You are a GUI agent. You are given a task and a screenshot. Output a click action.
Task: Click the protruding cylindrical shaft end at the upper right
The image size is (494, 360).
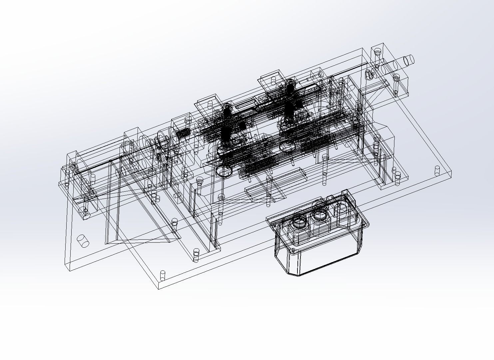(407, 60)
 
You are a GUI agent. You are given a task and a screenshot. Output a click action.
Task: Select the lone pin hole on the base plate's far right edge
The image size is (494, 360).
(437, 171)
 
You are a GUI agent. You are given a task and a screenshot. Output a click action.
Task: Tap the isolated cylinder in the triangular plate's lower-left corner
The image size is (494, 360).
(83, 241)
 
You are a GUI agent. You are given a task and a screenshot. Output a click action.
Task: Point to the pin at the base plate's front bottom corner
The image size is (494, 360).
(163, 275)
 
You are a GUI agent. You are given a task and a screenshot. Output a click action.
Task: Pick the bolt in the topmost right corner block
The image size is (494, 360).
(378, 52)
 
